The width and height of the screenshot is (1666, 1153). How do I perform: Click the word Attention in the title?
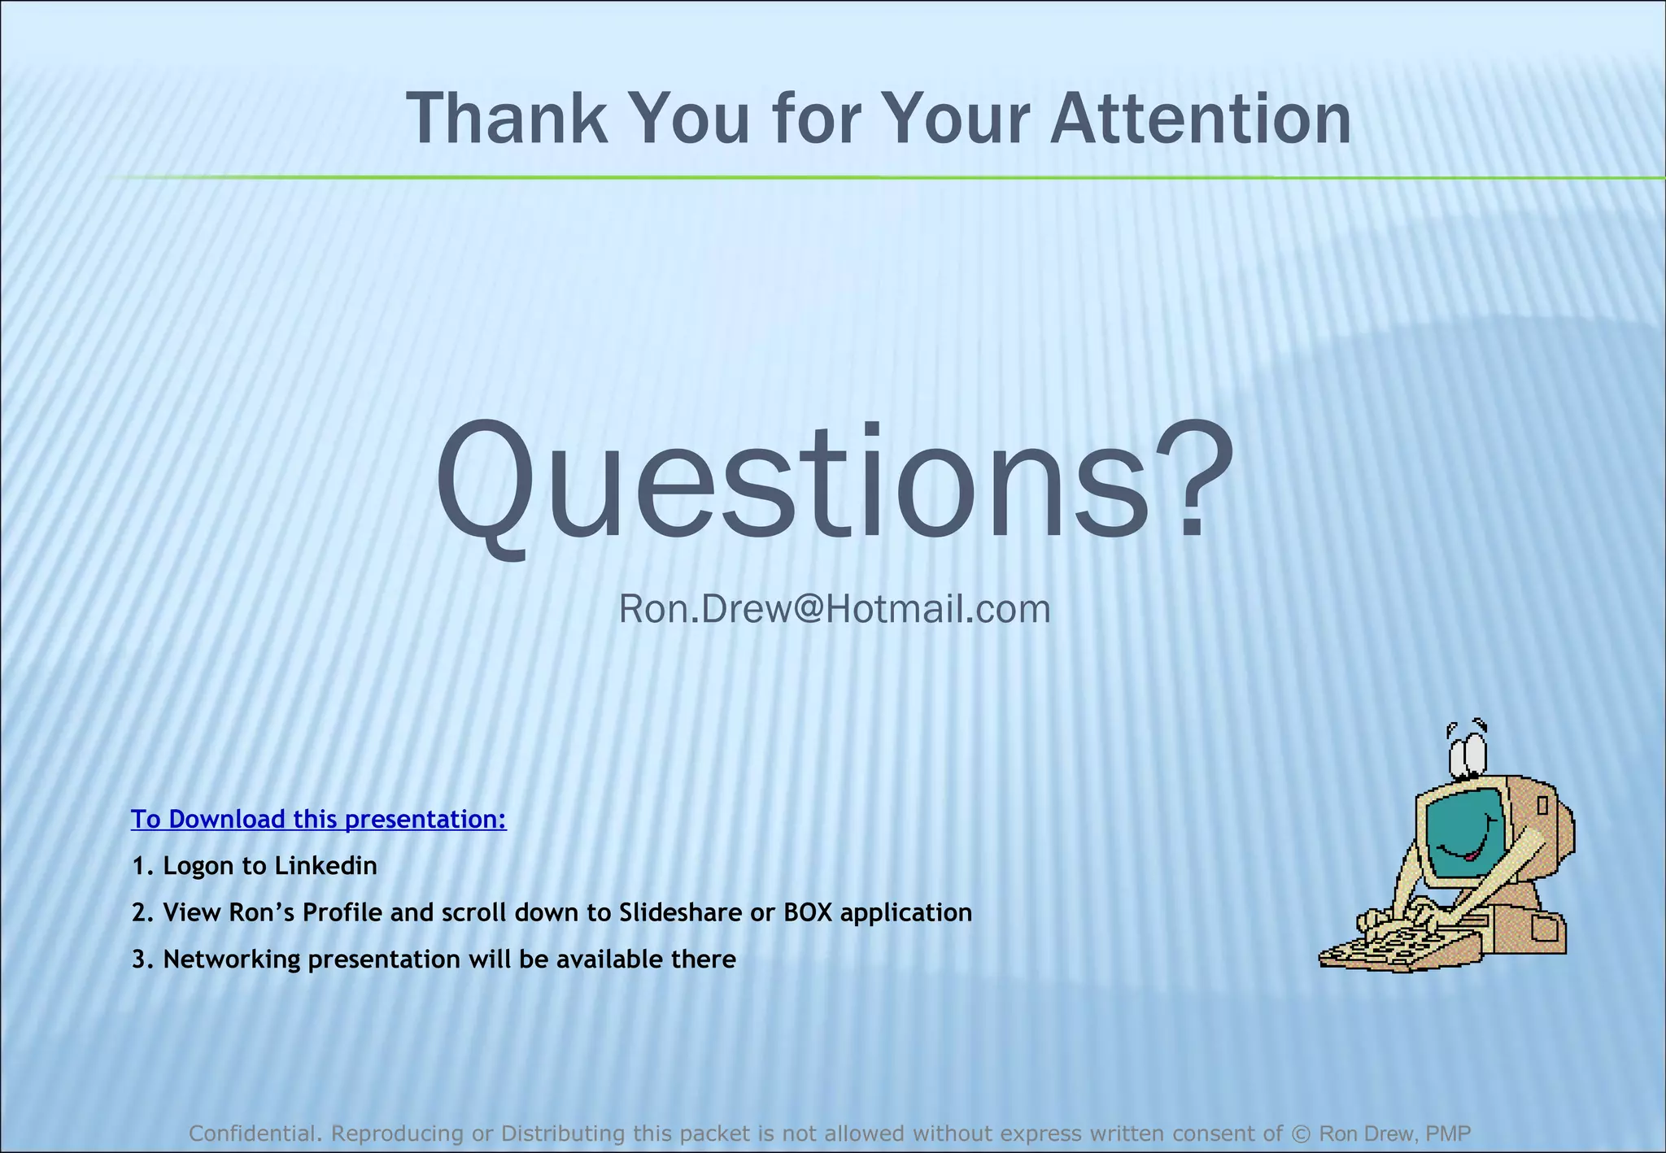point(1201,120)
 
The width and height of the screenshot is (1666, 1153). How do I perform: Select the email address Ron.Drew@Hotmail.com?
point(835,609)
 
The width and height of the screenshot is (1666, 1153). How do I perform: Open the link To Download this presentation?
point(319,819)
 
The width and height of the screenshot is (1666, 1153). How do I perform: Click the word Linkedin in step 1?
point(325,865)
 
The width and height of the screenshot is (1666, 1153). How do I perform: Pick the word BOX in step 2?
point(808,912)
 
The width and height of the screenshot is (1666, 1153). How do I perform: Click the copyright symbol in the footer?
point(1302,1133)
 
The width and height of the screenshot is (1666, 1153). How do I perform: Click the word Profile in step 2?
point(342,912)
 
